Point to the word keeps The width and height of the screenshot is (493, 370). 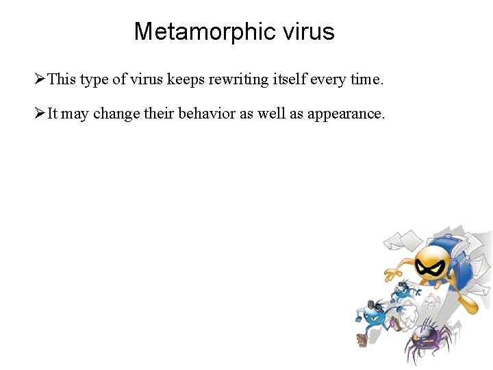(x=186, y=79)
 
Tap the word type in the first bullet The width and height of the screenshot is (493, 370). (x=94, y=79)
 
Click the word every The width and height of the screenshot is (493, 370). (x=328, y=79)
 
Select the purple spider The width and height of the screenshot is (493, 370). (x=425, y=337)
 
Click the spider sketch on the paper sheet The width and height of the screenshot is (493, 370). (x=431, y=300)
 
